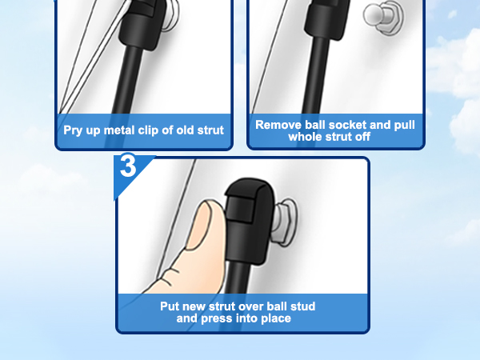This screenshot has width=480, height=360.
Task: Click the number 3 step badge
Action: [x=128, y=166]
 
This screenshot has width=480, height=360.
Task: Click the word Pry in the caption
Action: [x=73, y=130]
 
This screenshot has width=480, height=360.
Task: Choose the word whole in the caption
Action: [x=302, y=137]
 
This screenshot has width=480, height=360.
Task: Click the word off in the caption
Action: [x=362, y=137]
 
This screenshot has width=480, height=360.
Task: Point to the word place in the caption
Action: [x=276, y=318]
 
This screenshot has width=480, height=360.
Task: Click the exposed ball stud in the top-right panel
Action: [x=383, y=17]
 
